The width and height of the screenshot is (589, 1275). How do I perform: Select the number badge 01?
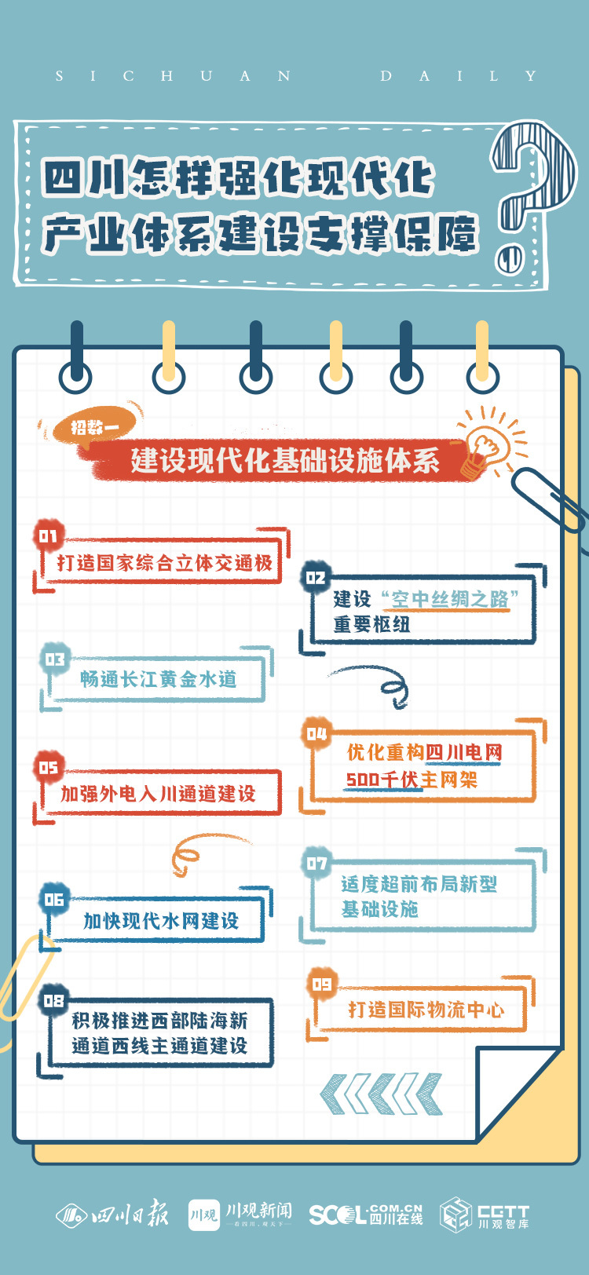tap(49, 536)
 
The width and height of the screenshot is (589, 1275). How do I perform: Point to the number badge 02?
tap(316, 578)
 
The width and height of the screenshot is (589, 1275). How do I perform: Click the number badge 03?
tap(54, 659)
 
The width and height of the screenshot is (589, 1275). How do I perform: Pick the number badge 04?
tap(316, 733)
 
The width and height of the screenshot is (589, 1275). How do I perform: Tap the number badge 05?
tap(49, 767)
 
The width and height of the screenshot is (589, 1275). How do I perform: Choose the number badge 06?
tap(53, 899)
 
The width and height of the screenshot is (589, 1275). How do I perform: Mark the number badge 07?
tap(316, 864)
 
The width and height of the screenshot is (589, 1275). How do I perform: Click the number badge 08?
tap(53, 1000)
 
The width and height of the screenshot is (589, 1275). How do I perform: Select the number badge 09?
tap(322, 984)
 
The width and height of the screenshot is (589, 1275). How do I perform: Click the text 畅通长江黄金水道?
tap(158, 679)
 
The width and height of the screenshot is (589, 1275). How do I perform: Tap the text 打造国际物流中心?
tap(426, 1010)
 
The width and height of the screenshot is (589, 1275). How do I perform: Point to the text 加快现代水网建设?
tap(161, 921)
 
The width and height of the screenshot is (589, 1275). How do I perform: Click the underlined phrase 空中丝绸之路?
tap(450, 599)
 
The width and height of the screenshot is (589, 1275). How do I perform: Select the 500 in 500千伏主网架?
tap(362, 780)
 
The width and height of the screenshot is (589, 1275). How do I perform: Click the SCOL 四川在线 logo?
tap(365, 1215)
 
